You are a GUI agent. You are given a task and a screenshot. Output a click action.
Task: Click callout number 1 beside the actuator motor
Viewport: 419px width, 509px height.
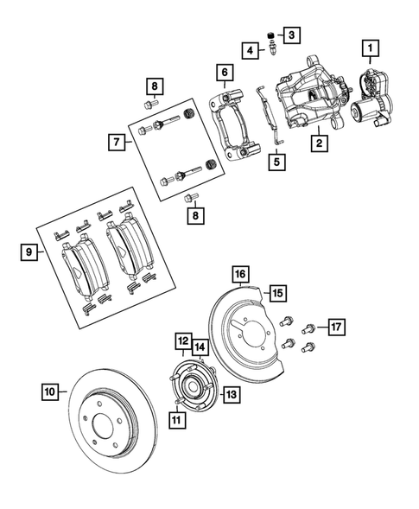370,47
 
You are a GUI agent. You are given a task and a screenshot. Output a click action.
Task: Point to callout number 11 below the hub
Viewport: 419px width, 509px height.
177,420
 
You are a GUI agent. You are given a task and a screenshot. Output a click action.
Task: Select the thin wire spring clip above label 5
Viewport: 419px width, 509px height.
268,112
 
